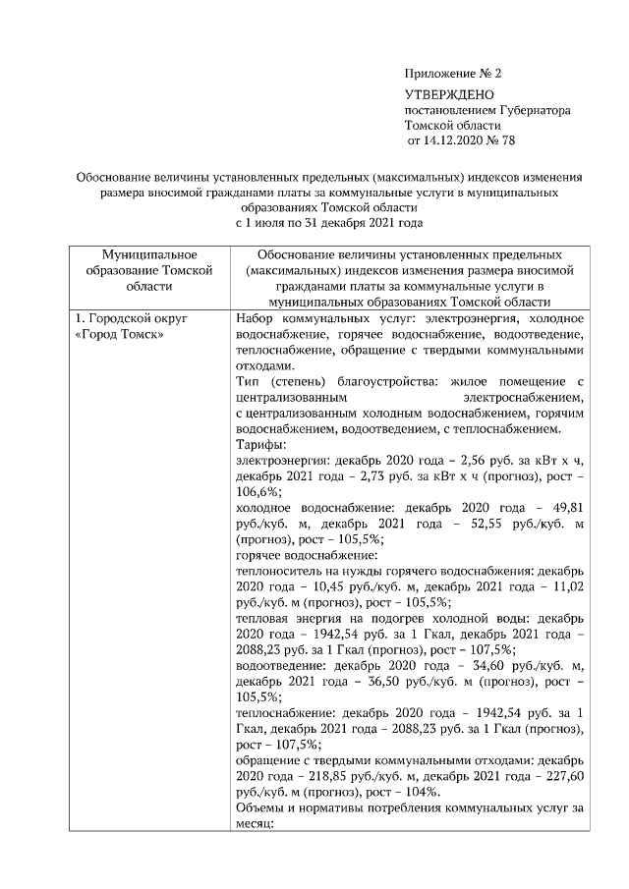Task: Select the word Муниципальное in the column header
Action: point(149,254)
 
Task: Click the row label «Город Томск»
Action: point(121,336)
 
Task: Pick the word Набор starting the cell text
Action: point(257,320)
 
